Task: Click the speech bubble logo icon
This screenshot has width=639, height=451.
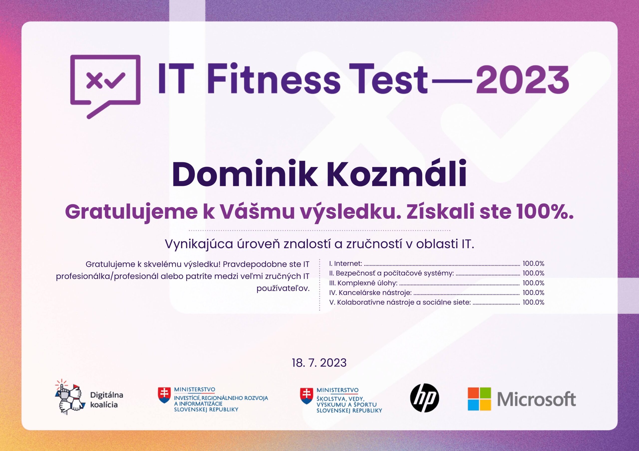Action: (x=105, y=86)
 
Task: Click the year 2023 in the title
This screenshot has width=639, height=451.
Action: (x=523, y=78)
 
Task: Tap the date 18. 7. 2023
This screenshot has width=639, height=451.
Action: (x=319, y=363)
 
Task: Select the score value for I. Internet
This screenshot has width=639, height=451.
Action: (x=533, y=264)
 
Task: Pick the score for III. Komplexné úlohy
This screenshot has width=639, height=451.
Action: (x=533, y=283)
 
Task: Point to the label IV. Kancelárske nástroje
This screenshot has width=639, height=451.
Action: (x=370, y=293)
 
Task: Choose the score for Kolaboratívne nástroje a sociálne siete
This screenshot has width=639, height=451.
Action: (x=533, y=302)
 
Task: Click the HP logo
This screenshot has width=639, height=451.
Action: (x=424, y=398)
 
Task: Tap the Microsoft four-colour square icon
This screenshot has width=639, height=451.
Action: (x=479, y=399)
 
